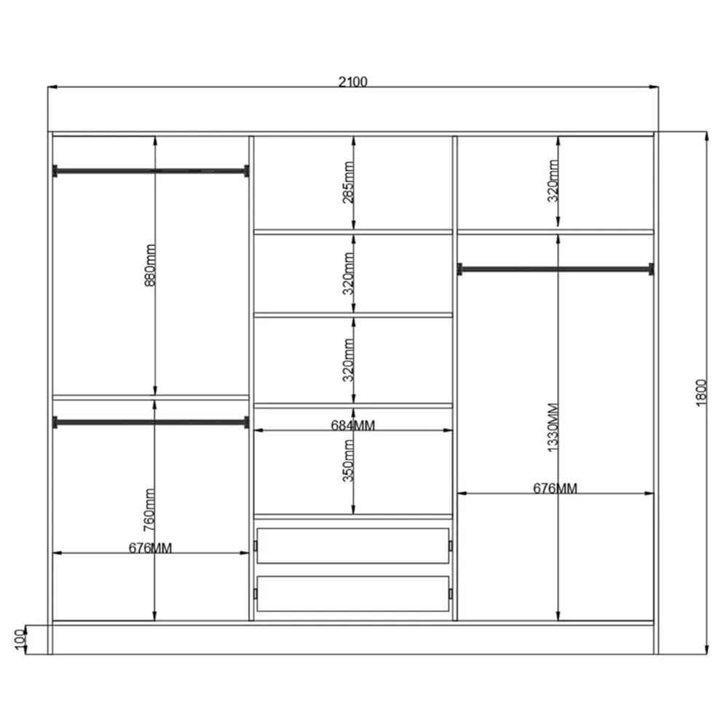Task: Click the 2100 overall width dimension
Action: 353,82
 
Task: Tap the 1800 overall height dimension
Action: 701,393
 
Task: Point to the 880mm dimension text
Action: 151,266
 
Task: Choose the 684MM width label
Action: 353,425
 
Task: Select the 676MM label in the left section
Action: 151,548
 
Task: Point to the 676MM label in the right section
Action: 555,488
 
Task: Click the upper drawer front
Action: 353,546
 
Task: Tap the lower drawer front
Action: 353,593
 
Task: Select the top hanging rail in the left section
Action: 151,172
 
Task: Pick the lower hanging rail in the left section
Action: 151,422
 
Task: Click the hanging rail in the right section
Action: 555,269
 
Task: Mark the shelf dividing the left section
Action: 151,397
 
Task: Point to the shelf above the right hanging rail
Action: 555,232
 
